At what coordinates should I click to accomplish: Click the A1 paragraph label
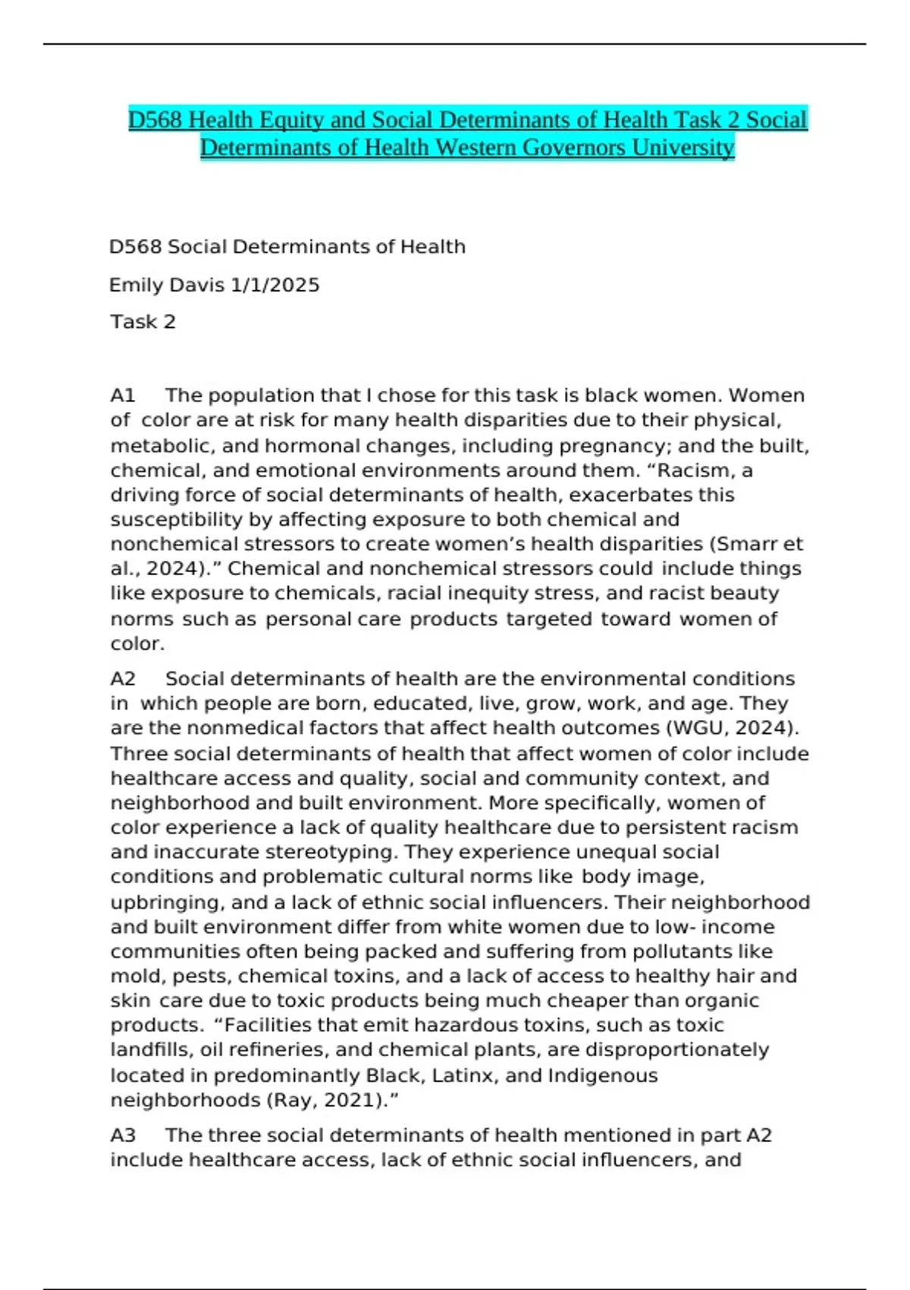pyautogui.click(x=123, y=395)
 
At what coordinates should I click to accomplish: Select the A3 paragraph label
pyautogui.click(x=123, y=1135)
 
